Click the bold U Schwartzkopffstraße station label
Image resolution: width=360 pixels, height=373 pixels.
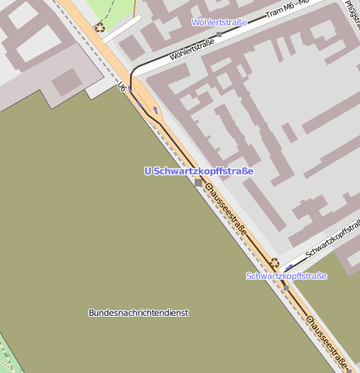click(x=199, y=171)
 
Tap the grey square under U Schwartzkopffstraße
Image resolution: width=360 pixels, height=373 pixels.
click(x=199, y=181)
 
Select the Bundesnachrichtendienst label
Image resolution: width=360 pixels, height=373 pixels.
click(x=138, y=313)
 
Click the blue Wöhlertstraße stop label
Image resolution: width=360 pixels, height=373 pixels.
click(x=219, y=23)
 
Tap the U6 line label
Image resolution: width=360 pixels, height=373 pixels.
click(x=123, y=87)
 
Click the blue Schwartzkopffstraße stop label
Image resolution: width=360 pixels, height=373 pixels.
click(x=286, y=276)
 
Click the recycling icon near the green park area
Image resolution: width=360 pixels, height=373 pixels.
click(x=99, y=27)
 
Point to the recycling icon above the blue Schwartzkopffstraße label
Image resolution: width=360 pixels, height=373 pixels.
click(x=274, y=263)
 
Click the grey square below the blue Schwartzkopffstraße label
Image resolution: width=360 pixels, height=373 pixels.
click(x=285, y=287)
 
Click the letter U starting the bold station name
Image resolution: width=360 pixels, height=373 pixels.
click(x=148, y=171)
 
